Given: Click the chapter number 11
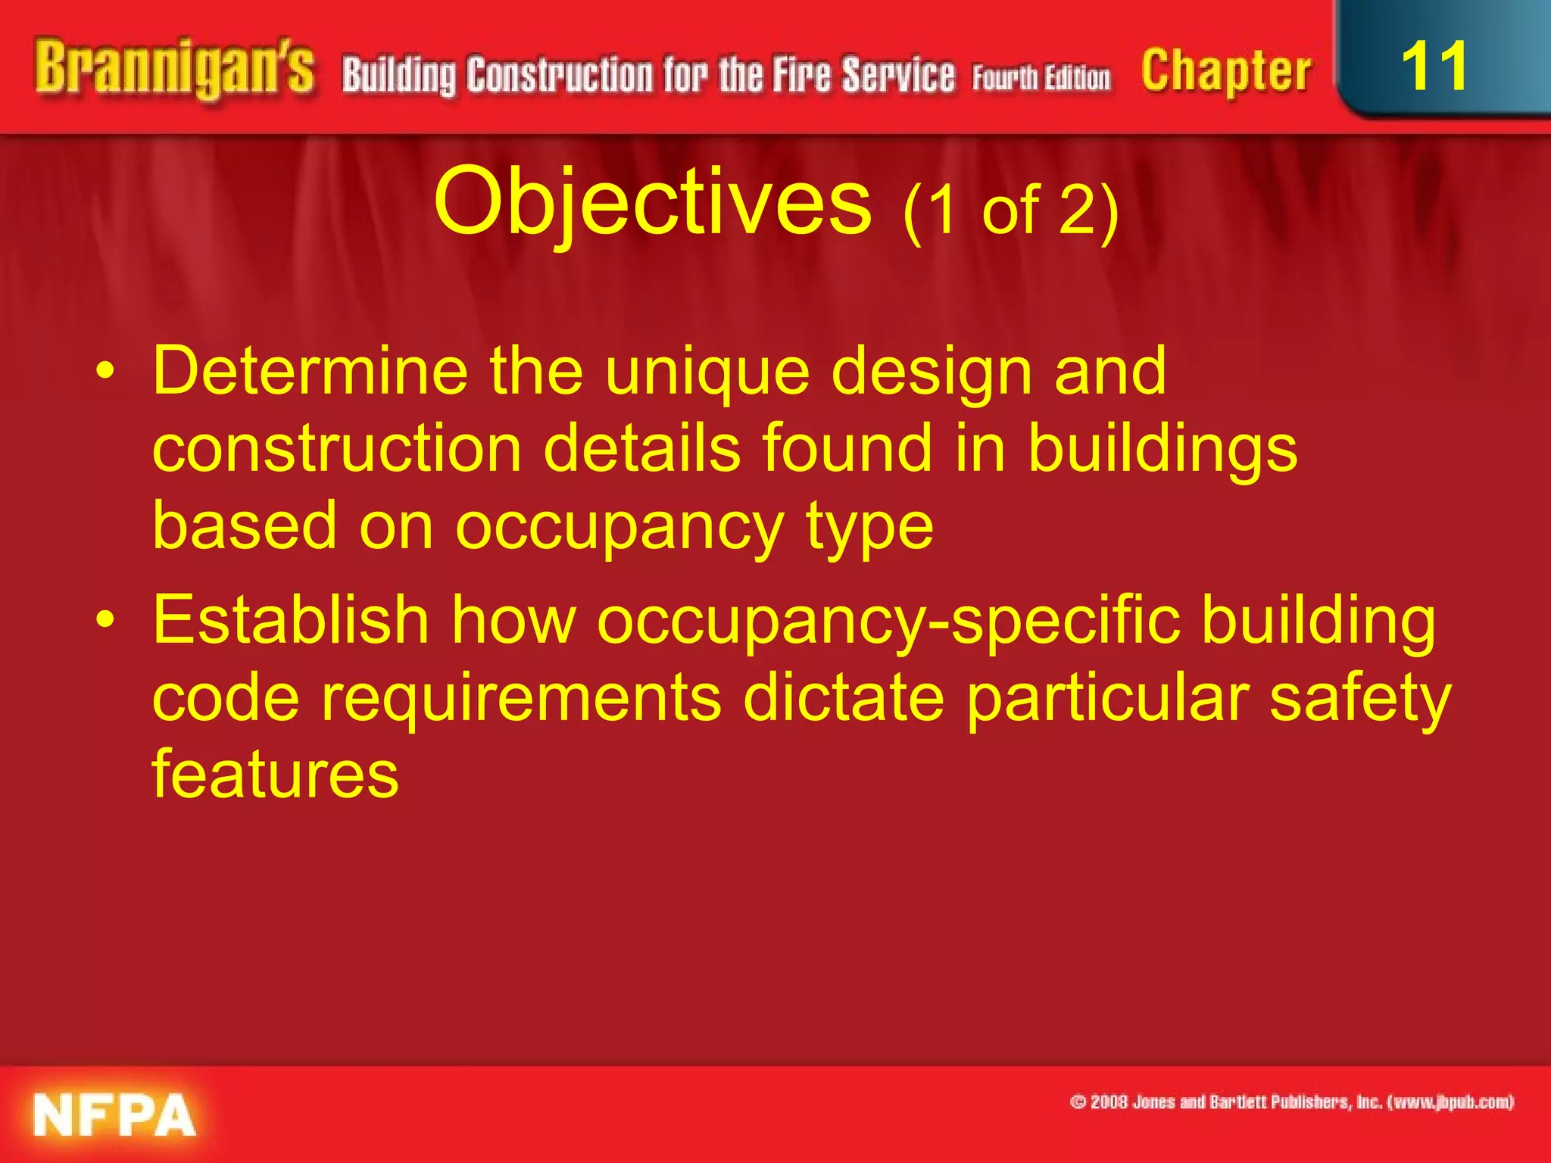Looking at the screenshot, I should coord(1434,67).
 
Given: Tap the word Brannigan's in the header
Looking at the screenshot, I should coord(174,70).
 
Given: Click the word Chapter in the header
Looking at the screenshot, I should coord(1226,71).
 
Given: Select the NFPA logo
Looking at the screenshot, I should coord(114,1114).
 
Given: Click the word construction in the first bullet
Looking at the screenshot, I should coord(337,448).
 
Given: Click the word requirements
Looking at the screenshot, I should coord(521,698).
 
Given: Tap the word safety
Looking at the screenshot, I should coord(1359,698).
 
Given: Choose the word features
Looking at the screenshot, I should coord(276,774).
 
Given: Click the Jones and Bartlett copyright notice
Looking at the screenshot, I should coord(1291,1102).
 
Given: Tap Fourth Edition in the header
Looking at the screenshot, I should coord(1041,78).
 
